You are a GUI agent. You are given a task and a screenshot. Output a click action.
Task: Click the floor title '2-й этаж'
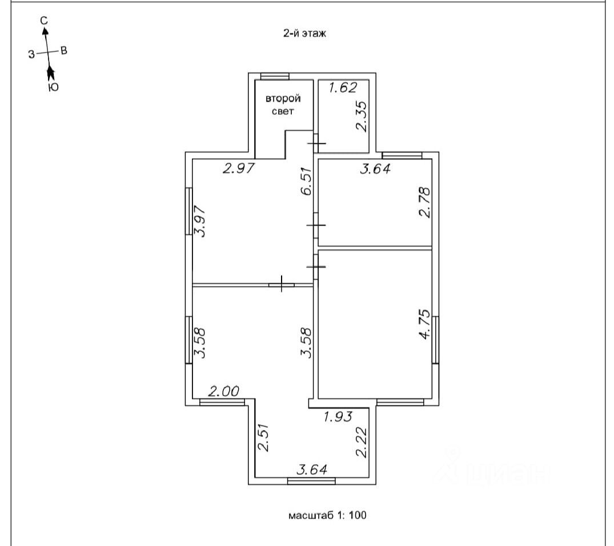(304, 34)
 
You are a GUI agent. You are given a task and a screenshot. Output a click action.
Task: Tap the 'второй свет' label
(283, 105)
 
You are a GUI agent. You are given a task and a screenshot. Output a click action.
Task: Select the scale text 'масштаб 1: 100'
(327, 515)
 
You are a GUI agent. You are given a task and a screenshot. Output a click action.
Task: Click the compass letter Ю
(53, 87)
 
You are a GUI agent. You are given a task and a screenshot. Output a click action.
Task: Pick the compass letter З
(31, 54)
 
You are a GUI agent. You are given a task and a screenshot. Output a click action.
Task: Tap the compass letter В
(64, 51)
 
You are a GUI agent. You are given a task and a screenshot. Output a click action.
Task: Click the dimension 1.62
(343, 87)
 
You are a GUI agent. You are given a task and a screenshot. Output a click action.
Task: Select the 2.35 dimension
(361, 117)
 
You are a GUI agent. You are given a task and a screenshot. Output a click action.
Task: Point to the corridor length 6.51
(307, 181)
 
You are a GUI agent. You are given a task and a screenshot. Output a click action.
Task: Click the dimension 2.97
(238, 168)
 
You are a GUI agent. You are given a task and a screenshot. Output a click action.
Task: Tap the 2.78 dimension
(423, 203)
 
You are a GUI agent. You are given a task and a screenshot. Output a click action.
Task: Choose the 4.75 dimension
(423, 324)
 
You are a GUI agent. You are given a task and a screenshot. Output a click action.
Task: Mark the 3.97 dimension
(199, 220)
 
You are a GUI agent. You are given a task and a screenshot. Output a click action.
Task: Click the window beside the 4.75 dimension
(435, 339)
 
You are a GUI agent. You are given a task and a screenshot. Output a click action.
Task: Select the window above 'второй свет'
(274, 77)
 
